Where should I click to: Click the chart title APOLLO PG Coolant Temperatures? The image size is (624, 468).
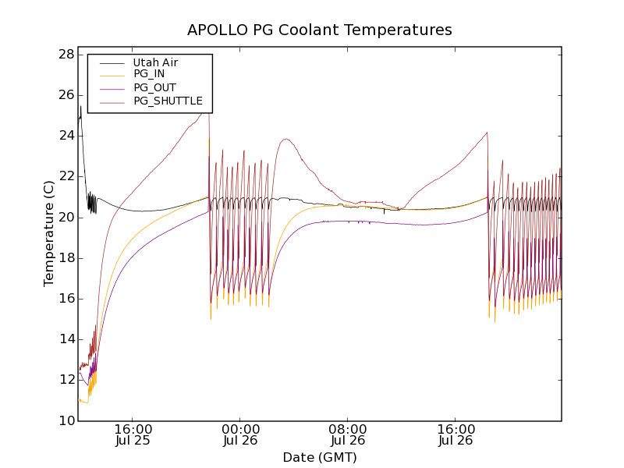(x=319, y=30)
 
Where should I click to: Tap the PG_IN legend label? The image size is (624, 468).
(x=149, y=74)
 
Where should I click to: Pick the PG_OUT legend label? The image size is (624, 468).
(x=154, y=87)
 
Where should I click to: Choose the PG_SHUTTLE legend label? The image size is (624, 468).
(x=168, y=101)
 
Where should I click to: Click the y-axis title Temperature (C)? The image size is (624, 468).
(x=49, y=233)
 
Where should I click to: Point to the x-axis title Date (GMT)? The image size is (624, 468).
(x=319, y=457)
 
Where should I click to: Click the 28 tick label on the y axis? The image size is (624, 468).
(x=66, y=55)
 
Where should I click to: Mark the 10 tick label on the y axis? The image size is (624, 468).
(x=66, y=420)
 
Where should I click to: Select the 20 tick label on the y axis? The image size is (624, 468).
(x=66, y=217)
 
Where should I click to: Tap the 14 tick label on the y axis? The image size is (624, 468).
(x=66, y=339)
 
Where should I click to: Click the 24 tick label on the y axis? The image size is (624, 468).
(x=66, y=136)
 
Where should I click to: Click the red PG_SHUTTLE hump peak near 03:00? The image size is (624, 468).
(x=286, y=139)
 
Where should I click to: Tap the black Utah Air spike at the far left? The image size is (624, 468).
(x=80, y=107)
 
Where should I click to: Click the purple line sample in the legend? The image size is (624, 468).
(x=111, y=87)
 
